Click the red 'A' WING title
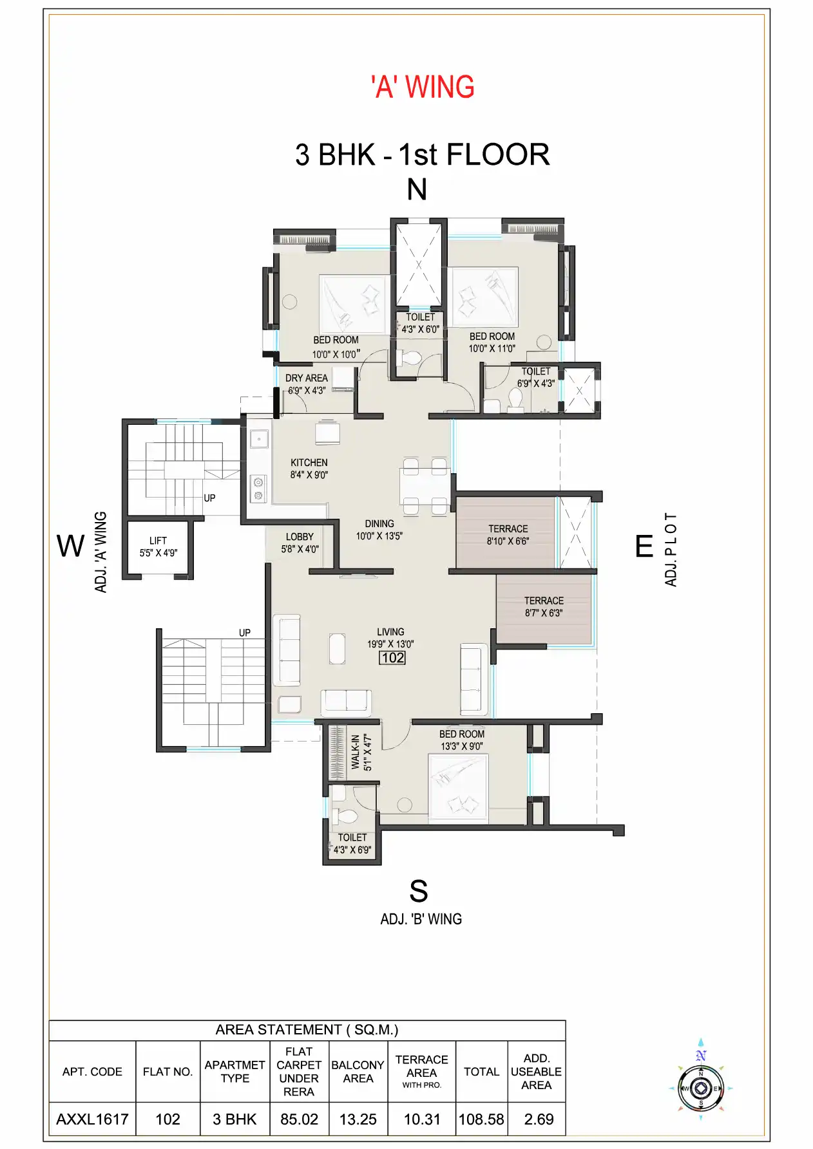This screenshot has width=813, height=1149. click(423, 88)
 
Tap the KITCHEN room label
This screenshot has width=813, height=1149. click(309, 463)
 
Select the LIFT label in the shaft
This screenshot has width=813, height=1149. click(158, 541)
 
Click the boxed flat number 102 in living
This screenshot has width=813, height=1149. click(392, 658)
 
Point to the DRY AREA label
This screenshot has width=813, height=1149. click(306, 378)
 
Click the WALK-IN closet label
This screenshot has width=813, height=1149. click(356, 752)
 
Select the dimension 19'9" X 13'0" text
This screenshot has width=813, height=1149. click(390, 644)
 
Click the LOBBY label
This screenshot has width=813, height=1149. click(300, 537)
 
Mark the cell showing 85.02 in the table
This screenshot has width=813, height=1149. click(299, 1119)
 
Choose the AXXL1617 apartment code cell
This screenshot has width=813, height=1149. click(92, 1119)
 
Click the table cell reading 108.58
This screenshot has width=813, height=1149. click(481, 1119)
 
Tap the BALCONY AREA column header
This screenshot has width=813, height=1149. click(358, 1071)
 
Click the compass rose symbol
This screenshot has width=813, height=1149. click(701, 1088)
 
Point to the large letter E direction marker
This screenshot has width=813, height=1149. click(644, 546)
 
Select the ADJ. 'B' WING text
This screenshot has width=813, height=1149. click(421, 919)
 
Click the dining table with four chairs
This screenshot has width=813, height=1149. click(425, 487)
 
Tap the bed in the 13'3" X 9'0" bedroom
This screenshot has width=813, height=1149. click(458, 790)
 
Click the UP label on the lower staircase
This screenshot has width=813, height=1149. click(245, 633)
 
